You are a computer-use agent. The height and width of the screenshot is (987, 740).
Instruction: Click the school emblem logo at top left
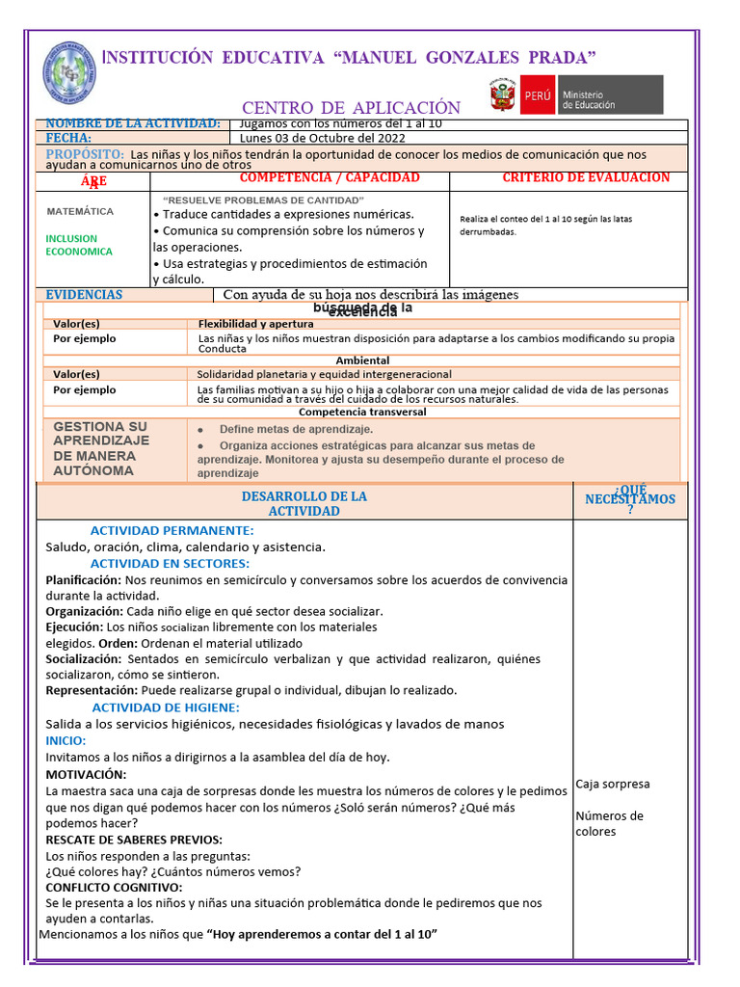click(69, 74)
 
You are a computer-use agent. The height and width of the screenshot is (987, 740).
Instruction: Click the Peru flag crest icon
click(503, 95)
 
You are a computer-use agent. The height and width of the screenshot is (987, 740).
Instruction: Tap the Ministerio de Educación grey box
click(592, 95)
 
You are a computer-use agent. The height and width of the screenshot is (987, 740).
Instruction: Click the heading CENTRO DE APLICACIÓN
click(351, 108)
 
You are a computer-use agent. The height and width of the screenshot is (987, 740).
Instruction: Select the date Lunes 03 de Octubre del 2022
click(323, 138)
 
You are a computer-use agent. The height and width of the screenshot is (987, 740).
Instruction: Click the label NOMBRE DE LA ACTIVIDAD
click(133, 123)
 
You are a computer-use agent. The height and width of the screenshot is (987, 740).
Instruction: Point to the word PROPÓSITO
click(85, 154)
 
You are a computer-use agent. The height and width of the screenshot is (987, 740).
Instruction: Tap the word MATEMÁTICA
click(80, 211)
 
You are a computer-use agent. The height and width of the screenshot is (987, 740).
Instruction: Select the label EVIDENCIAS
click(85, 295)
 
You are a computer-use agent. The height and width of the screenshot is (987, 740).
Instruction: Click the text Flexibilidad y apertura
click(255, 324)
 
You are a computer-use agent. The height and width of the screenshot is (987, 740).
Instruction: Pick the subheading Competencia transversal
click(361, 412)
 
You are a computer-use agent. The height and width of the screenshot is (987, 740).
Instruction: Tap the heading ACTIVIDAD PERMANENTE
click(172, 530)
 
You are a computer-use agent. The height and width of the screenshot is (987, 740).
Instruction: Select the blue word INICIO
click(66, 740)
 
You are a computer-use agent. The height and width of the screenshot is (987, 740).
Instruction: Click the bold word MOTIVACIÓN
click(86, 774)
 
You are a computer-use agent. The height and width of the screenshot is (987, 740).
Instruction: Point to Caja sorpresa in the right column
click(613, 784)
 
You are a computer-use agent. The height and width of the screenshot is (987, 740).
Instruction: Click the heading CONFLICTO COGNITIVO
click(114, 887)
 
